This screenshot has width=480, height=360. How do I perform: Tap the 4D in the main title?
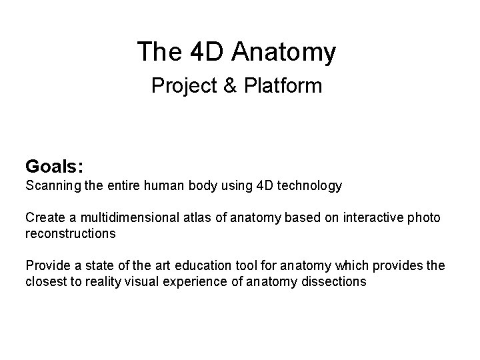point(204,52)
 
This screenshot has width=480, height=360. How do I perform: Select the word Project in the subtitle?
point(182,86)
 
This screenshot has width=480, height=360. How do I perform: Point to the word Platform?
point(283,86)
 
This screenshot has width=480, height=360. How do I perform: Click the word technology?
point(309,185)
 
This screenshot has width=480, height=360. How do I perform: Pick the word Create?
point(43,218)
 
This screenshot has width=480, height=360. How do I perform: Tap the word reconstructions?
point(71,233)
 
